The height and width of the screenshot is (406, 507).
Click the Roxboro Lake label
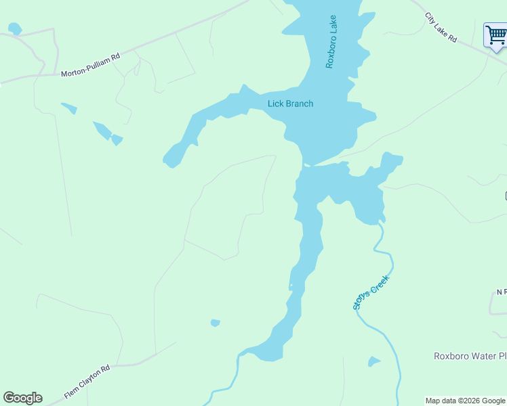331,42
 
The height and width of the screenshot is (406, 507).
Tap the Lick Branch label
290,104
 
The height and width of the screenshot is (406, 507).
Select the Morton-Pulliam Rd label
90,65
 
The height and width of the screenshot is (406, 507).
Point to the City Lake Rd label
442,28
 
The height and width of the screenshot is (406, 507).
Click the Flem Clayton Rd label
87,383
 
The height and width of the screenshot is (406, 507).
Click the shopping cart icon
495,35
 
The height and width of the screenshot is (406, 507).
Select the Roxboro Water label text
470,356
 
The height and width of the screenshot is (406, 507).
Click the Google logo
22,398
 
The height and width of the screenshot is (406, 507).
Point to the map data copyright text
465,401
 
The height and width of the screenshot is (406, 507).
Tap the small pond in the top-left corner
14,28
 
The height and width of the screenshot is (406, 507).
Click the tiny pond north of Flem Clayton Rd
216,323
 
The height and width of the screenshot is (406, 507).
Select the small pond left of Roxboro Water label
373,361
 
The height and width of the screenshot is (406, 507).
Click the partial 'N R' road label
502,292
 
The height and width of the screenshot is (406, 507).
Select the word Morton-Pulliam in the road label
83,67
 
